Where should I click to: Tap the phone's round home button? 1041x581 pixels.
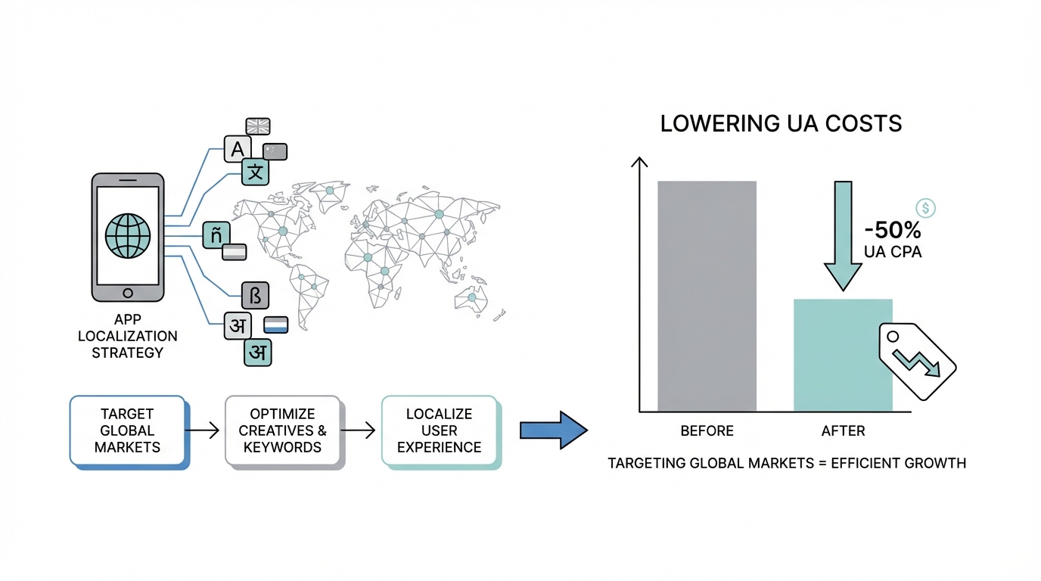[x=127, y=292]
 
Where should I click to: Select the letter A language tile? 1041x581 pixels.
[x=238, y=148]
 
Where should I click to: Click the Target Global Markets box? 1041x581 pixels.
[x=127, y=430]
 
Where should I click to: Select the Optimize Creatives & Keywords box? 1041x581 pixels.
[x=283, y=430]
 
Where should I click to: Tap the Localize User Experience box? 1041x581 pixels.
[x=439, y=431]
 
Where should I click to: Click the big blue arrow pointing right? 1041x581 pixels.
[x=553, y=430]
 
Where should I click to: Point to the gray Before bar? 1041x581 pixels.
[x=707, y=296]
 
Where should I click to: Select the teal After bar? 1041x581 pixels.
[x=843, y=355]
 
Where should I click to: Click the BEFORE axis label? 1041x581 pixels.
[x=707, y=431]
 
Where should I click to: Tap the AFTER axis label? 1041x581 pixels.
[x=843, y=431]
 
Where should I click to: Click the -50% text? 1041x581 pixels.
[x=893, y=231]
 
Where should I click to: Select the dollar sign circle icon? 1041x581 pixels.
[x=925, y=208]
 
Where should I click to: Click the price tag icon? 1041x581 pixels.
[x=916, y=359]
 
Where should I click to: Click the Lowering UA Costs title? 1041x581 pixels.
[x=781, y=124]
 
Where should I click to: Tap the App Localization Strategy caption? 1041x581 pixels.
[x=127, y=336]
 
